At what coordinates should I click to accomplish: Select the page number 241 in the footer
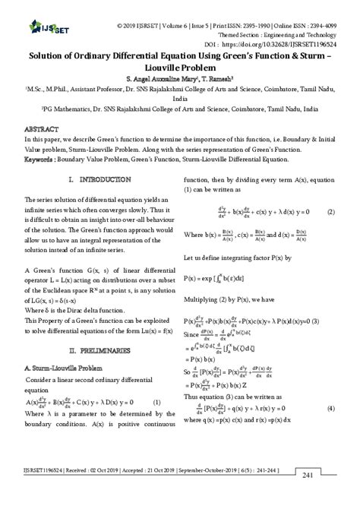(x=308, y=496)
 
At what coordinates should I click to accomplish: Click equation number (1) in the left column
(x=156, y=423)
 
